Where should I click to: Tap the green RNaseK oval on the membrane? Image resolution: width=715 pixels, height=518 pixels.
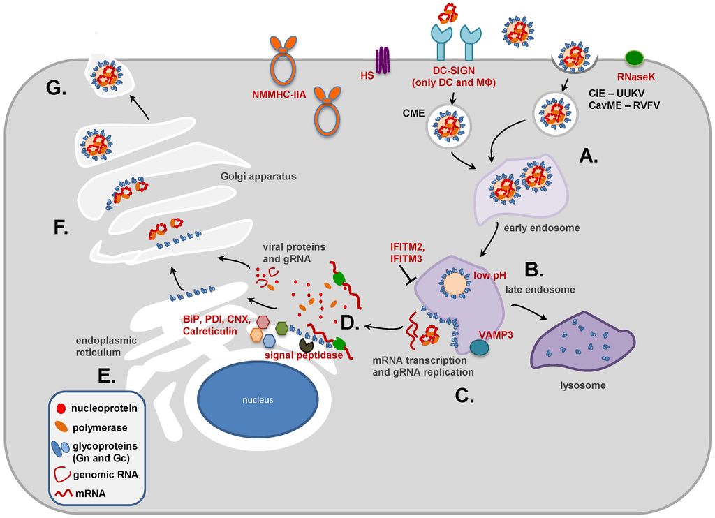click(x=634, y=58)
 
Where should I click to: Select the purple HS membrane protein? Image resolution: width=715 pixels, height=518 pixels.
click(x=383, y=61)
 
